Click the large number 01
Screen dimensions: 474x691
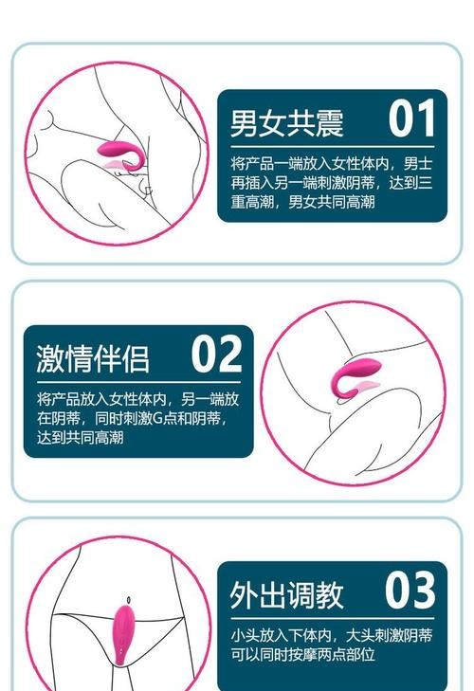411,118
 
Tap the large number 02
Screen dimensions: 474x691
216,354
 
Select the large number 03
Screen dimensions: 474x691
410,590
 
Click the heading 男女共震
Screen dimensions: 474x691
286,123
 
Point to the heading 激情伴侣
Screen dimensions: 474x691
93,358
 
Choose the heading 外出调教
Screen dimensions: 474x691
286,594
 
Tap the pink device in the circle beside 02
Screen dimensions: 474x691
355,377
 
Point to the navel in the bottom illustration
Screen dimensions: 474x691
128,600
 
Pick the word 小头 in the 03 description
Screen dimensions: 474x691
245,635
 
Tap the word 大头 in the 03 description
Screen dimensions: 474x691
360,635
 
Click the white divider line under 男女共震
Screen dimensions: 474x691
333,146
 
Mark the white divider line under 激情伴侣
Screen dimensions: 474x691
139,382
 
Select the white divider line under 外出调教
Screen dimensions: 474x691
333,618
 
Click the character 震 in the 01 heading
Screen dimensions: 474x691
329,123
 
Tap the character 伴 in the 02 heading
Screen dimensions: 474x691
107,358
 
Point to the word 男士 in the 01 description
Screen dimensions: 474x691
417,163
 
